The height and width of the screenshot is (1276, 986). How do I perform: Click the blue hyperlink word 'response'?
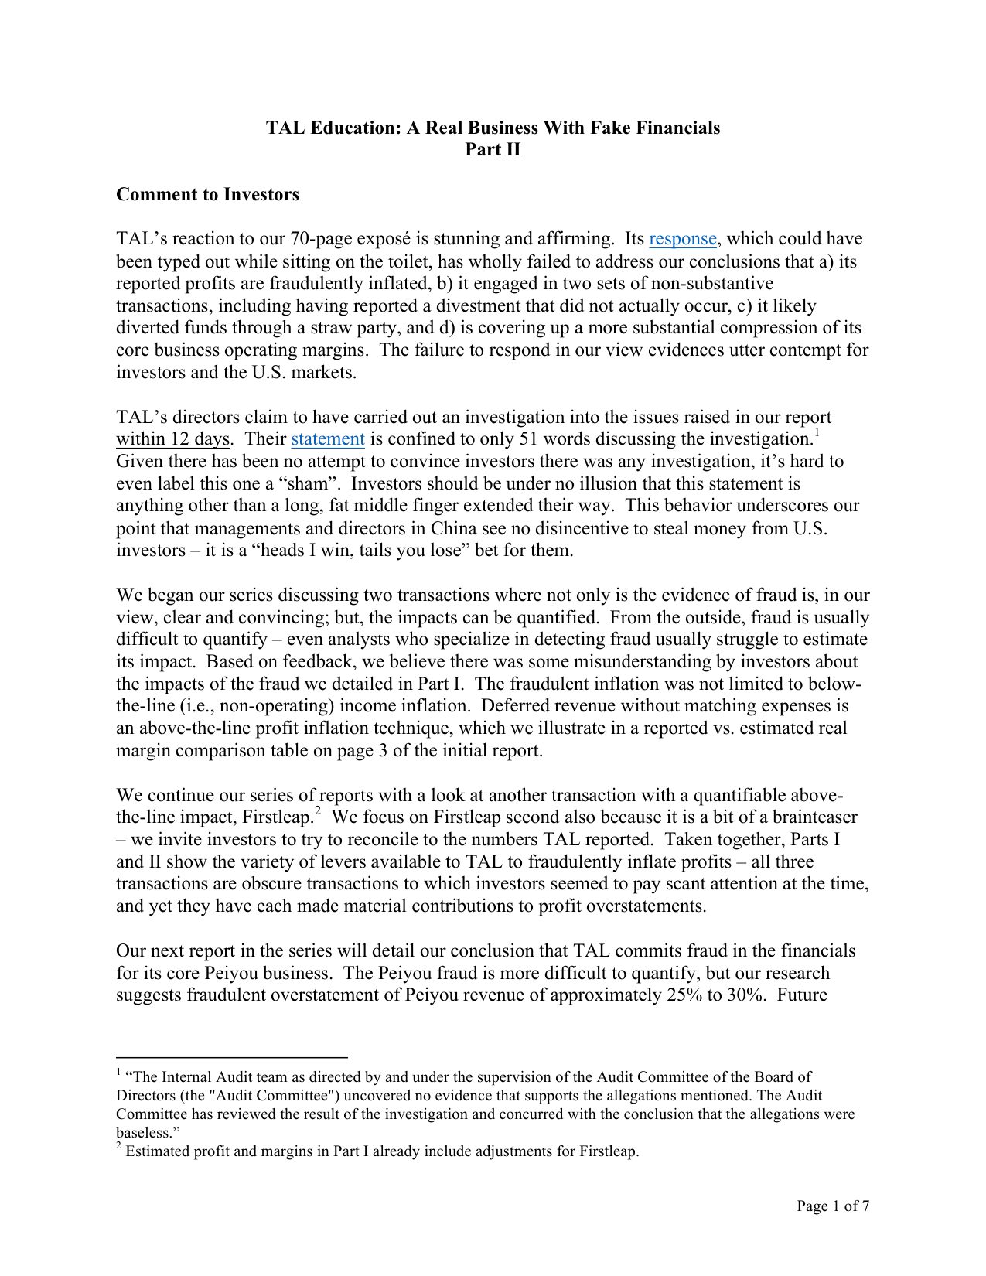(683, 239)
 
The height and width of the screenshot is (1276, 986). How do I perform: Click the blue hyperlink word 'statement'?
(327, 439)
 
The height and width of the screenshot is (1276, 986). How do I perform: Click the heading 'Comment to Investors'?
(207, 194)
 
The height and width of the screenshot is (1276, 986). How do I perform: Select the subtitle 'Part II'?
(493, 150)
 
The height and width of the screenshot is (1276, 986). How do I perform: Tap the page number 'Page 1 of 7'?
(833, 1206)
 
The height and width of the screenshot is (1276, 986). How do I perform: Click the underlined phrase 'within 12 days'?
(172, 439)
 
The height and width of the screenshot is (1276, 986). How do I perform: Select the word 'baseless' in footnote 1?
(140, 1133)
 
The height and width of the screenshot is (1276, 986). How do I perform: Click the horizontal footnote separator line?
(231, 1056)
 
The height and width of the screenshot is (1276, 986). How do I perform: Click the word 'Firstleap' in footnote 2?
(607, 1151)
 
